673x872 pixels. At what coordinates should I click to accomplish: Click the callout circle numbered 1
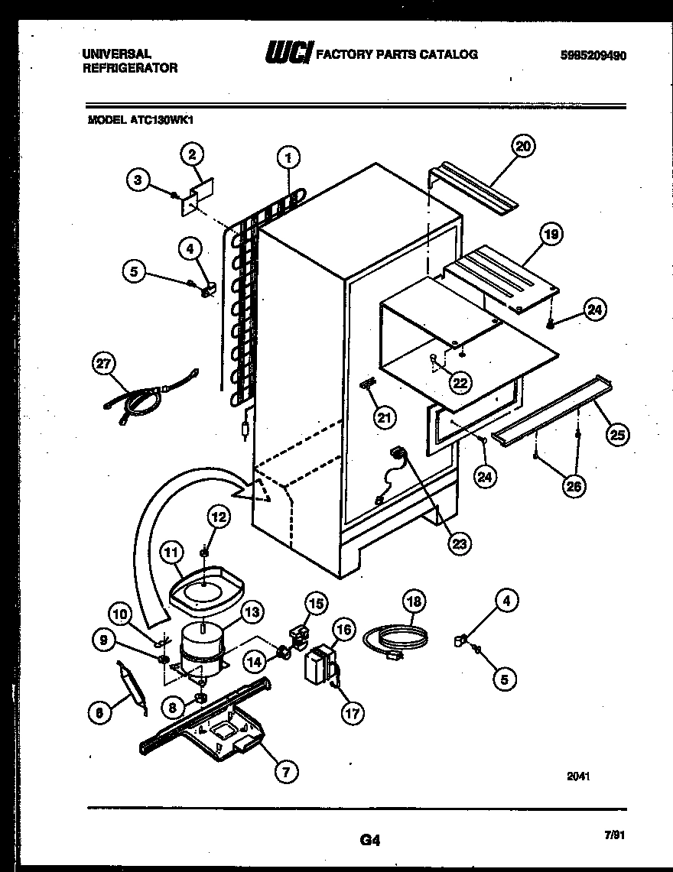pyautogui.click(x=288, y=159)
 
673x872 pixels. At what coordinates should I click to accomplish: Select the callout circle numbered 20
pyautogui.click(x=524, y=146)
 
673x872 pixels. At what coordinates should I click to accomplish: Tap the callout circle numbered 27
pyautogui.click(x=102, y=366)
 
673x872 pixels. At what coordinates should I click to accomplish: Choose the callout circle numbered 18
pyautogui.click(x=414, y=601)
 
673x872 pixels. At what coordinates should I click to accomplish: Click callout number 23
pyautogui.click(x=460, y=543)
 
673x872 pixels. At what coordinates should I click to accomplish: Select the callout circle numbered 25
pyautogui.click(x=617, y=435)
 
